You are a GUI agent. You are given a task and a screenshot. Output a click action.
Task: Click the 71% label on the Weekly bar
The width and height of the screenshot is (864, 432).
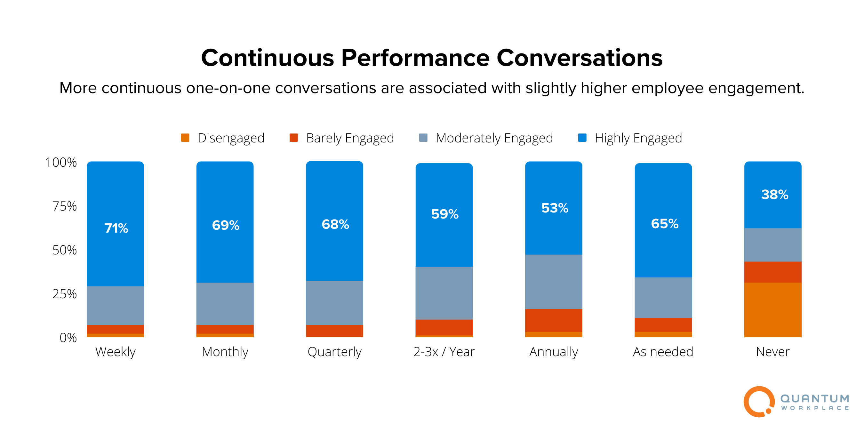pos(116,228)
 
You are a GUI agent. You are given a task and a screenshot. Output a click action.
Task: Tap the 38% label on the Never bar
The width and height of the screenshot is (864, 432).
pos(774,195)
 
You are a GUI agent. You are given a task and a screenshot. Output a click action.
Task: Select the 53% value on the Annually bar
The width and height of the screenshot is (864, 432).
pos(555,208)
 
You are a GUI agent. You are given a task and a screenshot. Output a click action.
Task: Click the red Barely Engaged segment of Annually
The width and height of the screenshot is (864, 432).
pos(553,320)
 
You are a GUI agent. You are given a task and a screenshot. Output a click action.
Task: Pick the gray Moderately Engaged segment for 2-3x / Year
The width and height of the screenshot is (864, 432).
pos(444,293)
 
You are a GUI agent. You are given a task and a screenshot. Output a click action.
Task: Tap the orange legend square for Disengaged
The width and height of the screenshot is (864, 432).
pos(185,138)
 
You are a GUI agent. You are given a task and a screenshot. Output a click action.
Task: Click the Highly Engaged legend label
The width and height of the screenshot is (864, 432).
pos(638,138)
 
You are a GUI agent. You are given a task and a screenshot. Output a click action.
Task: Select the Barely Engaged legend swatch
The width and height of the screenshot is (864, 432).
pos(293,138)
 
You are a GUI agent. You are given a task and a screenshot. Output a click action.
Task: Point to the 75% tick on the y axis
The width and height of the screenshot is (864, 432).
pos(64,206)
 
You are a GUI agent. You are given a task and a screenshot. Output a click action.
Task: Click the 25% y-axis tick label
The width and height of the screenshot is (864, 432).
pos(64,294)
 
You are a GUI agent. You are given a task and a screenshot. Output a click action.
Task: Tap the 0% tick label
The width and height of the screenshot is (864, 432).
pos(68,338)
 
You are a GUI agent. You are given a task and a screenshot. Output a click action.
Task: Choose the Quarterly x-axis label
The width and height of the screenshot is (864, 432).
pos(334,352)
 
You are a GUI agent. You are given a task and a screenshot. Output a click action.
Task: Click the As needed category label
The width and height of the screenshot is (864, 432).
pos(663,352)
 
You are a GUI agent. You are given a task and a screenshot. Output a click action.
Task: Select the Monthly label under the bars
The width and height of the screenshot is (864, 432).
pos(225,352)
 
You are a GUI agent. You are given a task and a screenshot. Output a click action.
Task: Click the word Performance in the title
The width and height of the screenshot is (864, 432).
pos(415,58)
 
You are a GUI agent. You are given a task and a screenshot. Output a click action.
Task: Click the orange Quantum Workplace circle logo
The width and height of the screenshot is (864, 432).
pos(759,402)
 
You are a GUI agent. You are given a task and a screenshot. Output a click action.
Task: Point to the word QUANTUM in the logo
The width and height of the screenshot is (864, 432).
pos(814,398)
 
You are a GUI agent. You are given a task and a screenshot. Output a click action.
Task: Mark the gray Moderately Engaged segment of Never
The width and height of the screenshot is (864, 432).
pos(772,245)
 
